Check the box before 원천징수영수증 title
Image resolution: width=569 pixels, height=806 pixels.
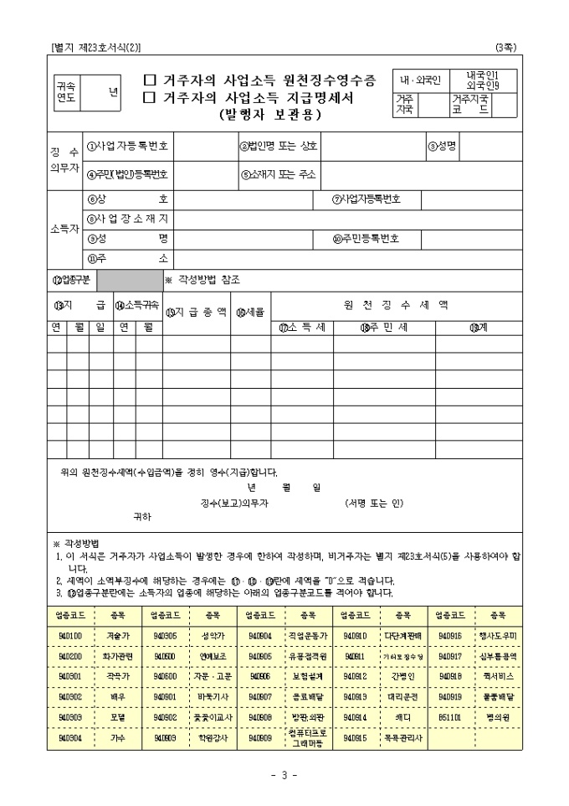coord(150,81)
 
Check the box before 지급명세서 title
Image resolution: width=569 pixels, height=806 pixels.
coord(150,97)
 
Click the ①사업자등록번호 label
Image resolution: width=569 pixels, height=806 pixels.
coord(129,145)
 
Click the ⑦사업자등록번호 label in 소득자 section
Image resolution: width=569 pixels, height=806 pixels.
coord(366,199)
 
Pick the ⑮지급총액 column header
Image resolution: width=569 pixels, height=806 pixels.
coord(196,312)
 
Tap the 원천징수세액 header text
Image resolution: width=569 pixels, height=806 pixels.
coord(396,304)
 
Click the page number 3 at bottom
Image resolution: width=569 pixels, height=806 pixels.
coord(284,775)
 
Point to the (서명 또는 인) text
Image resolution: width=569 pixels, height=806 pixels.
coord(374,503)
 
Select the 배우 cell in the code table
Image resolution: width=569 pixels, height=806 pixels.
coord(118,696)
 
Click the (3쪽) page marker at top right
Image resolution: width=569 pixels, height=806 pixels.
coord(505,48)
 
